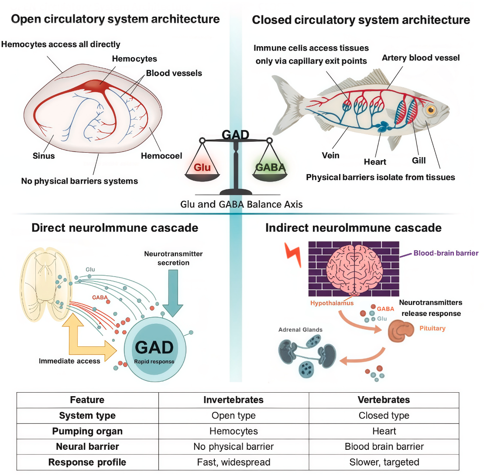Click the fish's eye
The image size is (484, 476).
pos(432,109)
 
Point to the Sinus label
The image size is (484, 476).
pos(43,155)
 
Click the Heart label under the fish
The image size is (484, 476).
pos(375,162)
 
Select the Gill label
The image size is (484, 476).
pos(419,161)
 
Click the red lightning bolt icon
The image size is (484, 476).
pos(292,254)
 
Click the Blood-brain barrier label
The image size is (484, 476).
pos(446,253)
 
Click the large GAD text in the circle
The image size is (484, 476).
pos(154,348)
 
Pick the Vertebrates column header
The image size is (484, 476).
pos(384,400)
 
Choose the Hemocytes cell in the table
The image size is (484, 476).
pos(233,431)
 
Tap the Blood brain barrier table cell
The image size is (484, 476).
pos(384,446)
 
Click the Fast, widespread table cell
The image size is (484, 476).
pos(233,462)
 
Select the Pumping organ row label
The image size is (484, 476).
pos(87,431)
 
